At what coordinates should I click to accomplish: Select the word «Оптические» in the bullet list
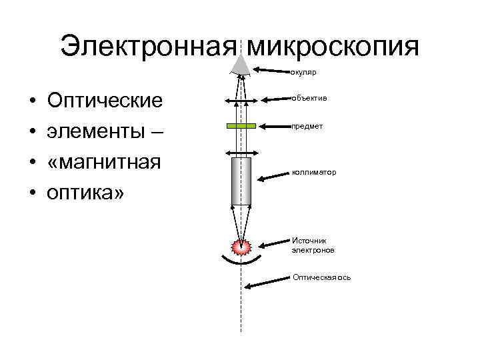tap(105, 101)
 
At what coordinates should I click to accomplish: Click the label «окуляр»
tap(303, 72)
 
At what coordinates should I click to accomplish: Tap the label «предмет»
tap(307, 126)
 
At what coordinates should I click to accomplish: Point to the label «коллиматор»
tap(314, 173)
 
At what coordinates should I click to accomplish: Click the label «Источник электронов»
tap(313, 245)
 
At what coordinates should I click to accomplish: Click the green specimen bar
tap(241, 125)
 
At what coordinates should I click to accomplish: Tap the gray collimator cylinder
tap(241, 181)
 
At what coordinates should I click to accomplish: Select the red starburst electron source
tap(241, 246)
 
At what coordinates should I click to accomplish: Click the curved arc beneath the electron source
tap(241, 262)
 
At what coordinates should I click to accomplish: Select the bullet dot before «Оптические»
tap(33, 101)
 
